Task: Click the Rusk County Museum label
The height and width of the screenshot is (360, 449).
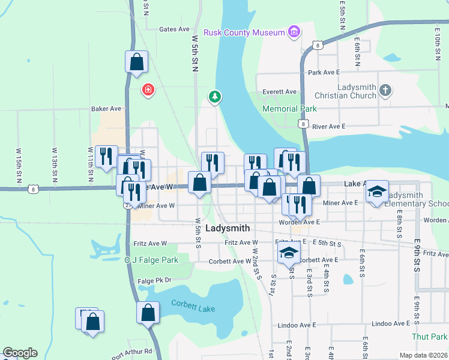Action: pos(244,32)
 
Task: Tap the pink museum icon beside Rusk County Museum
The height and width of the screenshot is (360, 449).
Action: pos(294,31)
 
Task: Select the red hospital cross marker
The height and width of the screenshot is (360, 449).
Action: pos(148,91)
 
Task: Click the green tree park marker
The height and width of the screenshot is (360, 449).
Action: pos(214,96)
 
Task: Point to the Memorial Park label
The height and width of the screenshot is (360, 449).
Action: pos(289,109)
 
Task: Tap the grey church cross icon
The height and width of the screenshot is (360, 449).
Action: pos(385,91)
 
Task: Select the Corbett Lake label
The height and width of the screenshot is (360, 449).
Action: pos(192,304)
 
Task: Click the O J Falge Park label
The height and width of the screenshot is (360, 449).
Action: pos(151,260)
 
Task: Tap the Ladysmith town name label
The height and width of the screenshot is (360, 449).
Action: pos(228,229)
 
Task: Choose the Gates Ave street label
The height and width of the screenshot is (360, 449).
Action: pos(174,29)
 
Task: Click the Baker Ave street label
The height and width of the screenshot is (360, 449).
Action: pos(106,109)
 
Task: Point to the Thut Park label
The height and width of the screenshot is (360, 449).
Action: pos(430,337)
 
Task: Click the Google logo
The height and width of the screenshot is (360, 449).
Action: pos(20,353)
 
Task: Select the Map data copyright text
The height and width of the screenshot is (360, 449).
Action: pos(424,355)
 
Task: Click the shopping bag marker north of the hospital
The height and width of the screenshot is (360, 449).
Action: pos(137,62)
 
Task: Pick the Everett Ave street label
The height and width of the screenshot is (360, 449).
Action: pos(280,92)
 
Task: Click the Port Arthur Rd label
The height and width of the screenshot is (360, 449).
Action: pos(131,352)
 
